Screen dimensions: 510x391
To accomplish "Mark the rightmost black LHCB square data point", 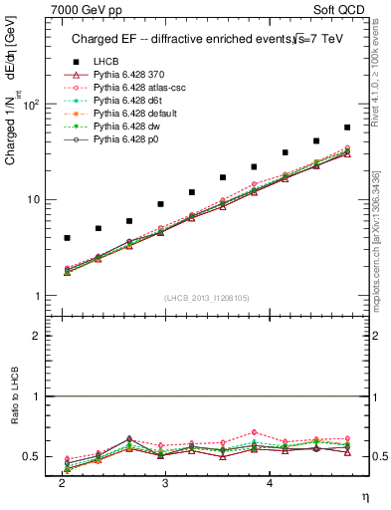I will pos(346,127).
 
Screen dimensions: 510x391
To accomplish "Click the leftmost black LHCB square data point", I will pos(67,238).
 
